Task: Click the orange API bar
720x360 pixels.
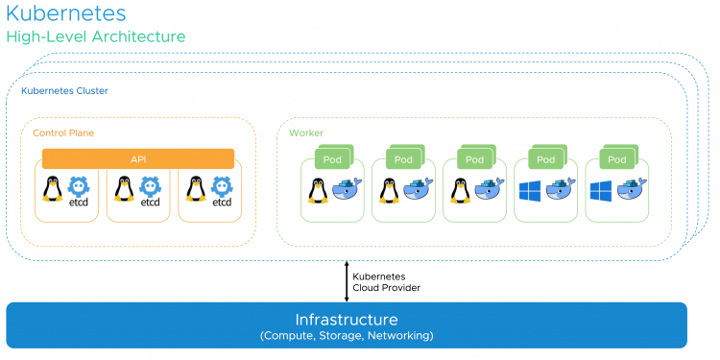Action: point(138,158)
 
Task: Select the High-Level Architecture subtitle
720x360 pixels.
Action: point(96,36)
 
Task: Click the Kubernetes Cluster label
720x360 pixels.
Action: point(64,91)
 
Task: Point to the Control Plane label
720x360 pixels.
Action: point(63,133)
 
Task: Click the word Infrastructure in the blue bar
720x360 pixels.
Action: point(347,319)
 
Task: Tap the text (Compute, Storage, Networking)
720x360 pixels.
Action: point(347,336)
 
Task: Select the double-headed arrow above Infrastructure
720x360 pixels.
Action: point(347,281)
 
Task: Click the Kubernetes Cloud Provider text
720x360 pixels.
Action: point(386,282)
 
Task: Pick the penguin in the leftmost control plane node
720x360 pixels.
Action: point(53,189)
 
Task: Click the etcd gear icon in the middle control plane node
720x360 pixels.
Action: point(150,187)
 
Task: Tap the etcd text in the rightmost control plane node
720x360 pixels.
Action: point(222,202)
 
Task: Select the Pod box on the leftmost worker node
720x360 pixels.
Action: point(332,159)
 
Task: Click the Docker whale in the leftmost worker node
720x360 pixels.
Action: point(347,189)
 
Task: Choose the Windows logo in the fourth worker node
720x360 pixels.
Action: point(529,191)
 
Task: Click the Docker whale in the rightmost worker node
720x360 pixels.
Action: point(632,189)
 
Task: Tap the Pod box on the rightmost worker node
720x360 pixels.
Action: point(616,159)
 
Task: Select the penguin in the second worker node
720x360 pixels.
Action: point(390,191)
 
